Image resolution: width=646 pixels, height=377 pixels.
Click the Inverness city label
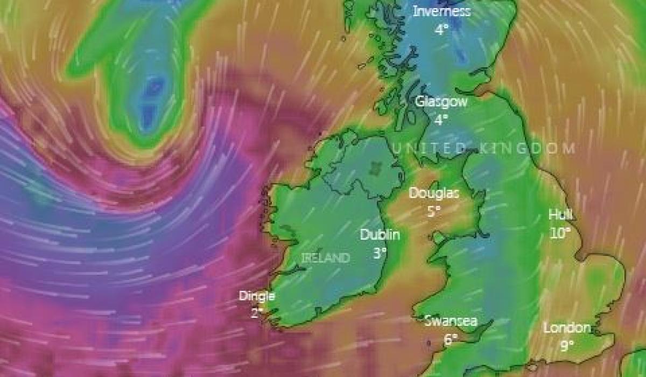click(x=441, y=11)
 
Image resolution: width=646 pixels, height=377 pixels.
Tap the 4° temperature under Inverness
click(x=441, y=30)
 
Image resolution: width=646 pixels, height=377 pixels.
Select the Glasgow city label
click(x=441, y=101)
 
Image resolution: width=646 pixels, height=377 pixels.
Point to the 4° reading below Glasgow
click(x=441, y=120)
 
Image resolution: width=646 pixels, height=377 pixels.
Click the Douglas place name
click(x=434, y=193)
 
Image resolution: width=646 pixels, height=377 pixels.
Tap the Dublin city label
click(x=380, y=235)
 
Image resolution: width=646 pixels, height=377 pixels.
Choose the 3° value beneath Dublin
click(x=380, y=253)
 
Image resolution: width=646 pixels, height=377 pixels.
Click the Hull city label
click(x=560, y=214)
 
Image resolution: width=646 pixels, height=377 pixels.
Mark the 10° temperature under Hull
click(x=560, y=233)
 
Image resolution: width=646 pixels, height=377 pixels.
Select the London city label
click(x=567, y=327)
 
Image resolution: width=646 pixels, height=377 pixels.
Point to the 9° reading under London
click(x=567, y=346)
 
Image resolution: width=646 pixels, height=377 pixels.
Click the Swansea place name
click(x=451, y=321)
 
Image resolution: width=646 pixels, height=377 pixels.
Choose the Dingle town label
click(x=257, y=296)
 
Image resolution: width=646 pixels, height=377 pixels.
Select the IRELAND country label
click(x=325, y=258)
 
